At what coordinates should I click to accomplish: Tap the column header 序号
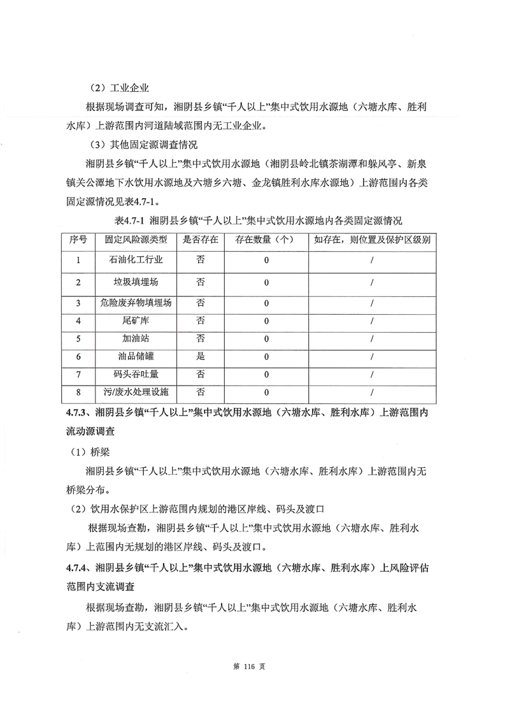click(x=78, y=240)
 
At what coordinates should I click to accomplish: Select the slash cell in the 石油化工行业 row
click(x=371, y=260)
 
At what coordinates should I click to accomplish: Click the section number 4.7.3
click(x=79, y=413)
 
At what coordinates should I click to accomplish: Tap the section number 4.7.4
click(x=79, y=567)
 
